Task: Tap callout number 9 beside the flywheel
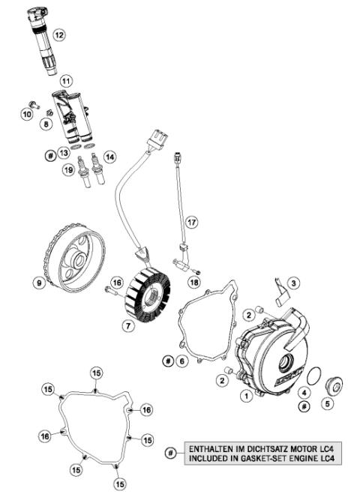click(37, 283)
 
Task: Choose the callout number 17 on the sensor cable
click(192, 223)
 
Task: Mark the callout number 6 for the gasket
click(181, 361)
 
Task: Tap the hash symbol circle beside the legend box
click(171, 454)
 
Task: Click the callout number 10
click(28, 114)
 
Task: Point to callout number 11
click(65, 80)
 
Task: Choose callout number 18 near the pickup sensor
click(194, 282)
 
